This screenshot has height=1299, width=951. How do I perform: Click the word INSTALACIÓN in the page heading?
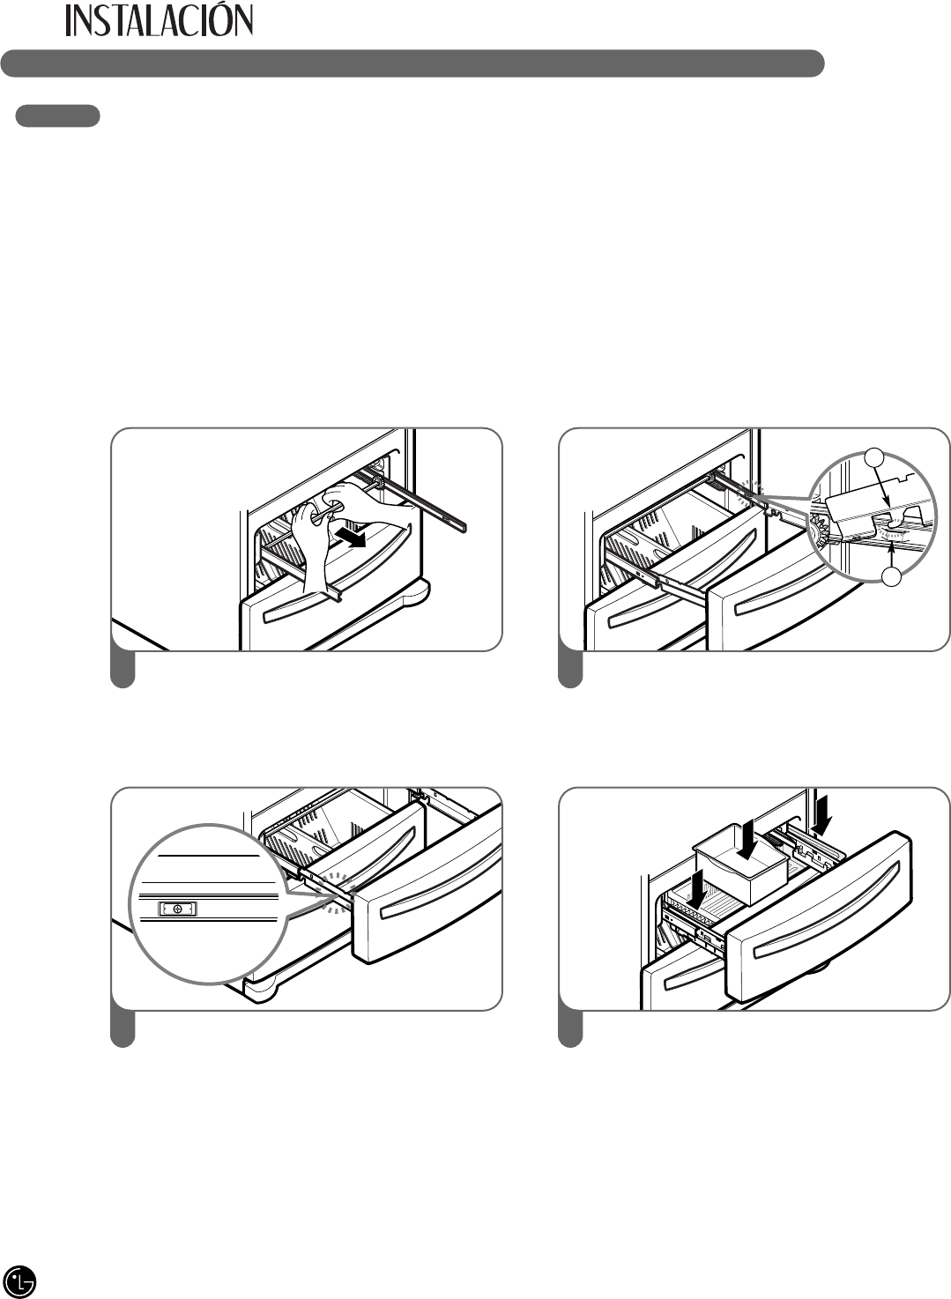[x=160, y=21]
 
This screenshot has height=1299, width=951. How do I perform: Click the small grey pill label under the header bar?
[x=58, y=115]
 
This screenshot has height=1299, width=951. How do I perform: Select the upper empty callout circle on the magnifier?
[x=873, y=457]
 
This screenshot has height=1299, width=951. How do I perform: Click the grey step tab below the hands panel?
[x=123, y=667]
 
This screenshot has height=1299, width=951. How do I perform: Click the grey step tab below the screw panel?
[x=123, y=1027]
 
